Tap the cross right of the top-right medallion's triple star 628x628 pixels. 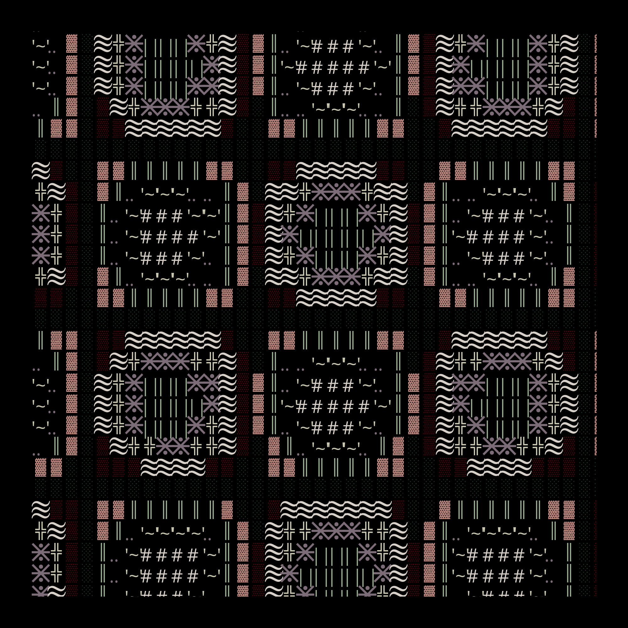538,107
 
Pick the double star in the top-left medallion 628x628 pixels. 204,86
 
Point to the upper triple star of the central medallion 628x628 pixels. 336,192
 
